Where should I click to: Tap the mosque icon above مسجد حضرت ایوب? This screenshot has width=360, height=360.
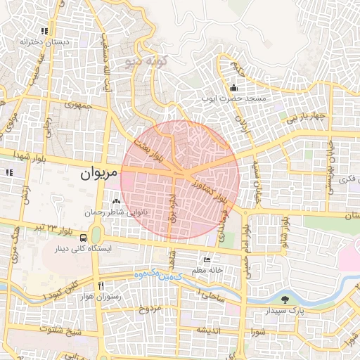click(x=233, y=88)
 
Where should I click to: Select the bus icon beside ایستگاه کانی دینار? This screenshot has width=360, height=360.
click(x=83, y=238)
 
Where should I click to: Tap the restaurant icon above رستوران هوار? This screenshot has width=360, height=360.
click(x=101, y=285)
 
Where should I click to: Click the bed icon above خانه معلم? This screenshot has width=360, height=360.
click(x=206, y=259)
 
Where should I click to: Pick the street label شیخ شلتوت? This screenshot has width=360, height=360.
click(x=61, y=330)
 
